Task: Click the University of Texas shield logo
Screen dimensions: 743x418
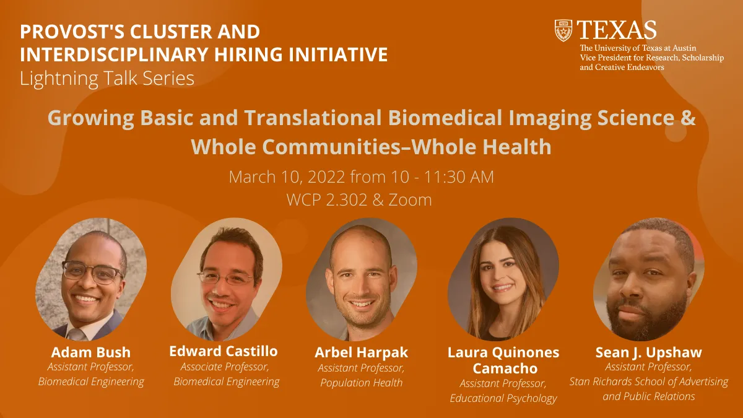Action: point(563,30)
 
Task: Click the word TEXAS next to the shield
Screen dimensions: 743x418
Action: point(617,30)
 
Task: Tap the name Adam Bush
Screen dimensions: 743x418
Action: point(91,352)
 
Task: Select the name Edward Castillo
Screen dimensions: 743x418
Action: point(224,351)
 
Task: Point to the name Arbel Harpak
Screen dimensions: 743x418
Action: point(361,352)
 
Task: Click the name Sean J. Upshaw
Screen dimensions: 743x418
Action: point(649,352)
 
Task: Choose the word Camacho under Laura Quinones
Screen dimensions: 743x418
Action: point(505,368)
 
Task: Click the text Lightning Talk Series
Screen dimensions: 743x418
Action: point(106,79)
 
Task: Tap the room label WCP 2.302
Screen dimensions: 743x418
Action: point(327,199)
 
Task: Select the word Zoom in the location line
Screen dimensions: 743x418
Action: point(410,199)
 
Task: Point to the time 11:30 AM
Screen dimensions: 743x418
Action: point(459,177)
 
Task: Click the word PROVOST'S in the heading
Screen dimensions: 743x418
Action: point(72,32)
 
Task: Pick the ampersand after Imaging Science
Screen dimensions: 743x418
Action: point(689,118)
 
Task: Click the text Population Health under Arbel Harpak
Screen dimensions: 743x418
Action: point(361,383)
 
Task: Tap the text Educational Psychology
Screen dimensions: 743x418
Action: point(503,398)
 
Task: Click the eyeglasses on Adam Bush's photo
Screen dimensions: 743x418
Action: point(92,272)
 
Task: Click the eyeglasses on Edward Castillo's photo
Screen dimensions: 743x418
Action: point(225,278)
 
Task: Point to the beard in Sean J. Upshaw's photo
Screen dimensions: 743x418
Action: point(647,315)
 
